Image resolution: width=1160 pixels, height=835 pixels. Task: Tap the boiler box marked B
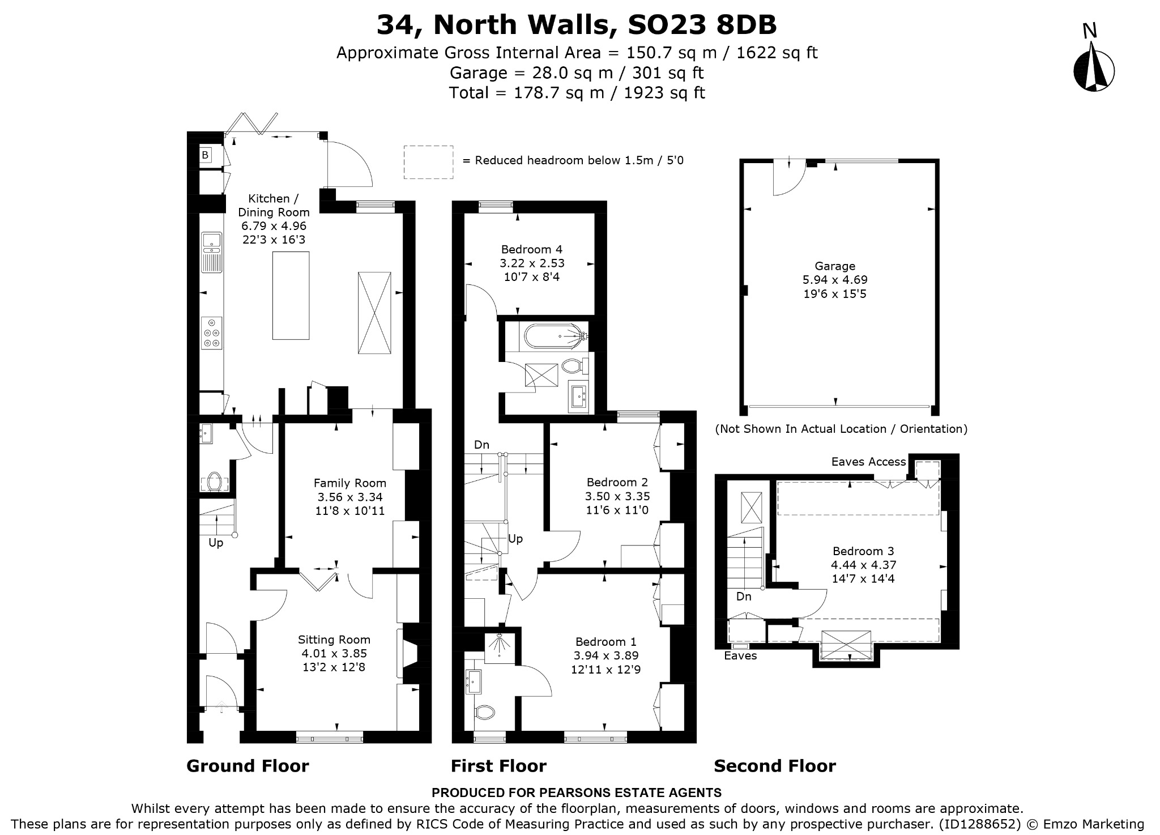(205, 155)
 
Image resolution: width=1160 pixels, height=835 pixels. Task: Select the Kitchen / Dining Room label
(274, 205)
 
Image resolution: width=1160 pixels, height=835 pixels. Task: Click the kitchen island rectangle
(291, 295)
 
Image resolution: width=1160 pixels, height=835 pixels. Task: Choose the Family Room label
(350, 483)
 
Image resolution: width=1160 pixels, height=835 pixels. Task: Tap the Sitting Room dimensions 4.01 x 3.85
(334, 653)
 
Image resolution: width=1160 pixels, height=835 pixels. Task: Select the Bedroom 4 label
(532, 249)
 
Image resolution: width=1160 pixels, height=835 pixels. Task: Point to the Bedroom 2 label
(617, 483)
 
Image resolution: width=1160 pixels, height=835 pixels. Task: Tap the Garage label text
(835, 266)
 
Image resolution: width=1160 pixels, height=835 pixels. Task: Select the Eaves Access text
(868, 462)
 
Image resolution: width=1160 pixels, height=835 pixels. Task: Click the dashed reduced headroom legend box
(428, 163)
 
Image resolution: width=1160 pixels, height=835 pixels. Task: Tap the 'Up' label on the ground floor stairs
(216, 543)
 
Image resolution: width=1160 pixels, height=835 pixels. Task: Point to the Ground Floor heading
(248, 766)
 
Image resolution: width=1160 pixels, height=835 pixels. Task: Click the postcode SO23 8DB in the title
(702, 24)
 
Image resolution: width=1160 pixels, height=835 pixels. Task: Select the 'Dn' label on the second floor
(744, 597)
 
